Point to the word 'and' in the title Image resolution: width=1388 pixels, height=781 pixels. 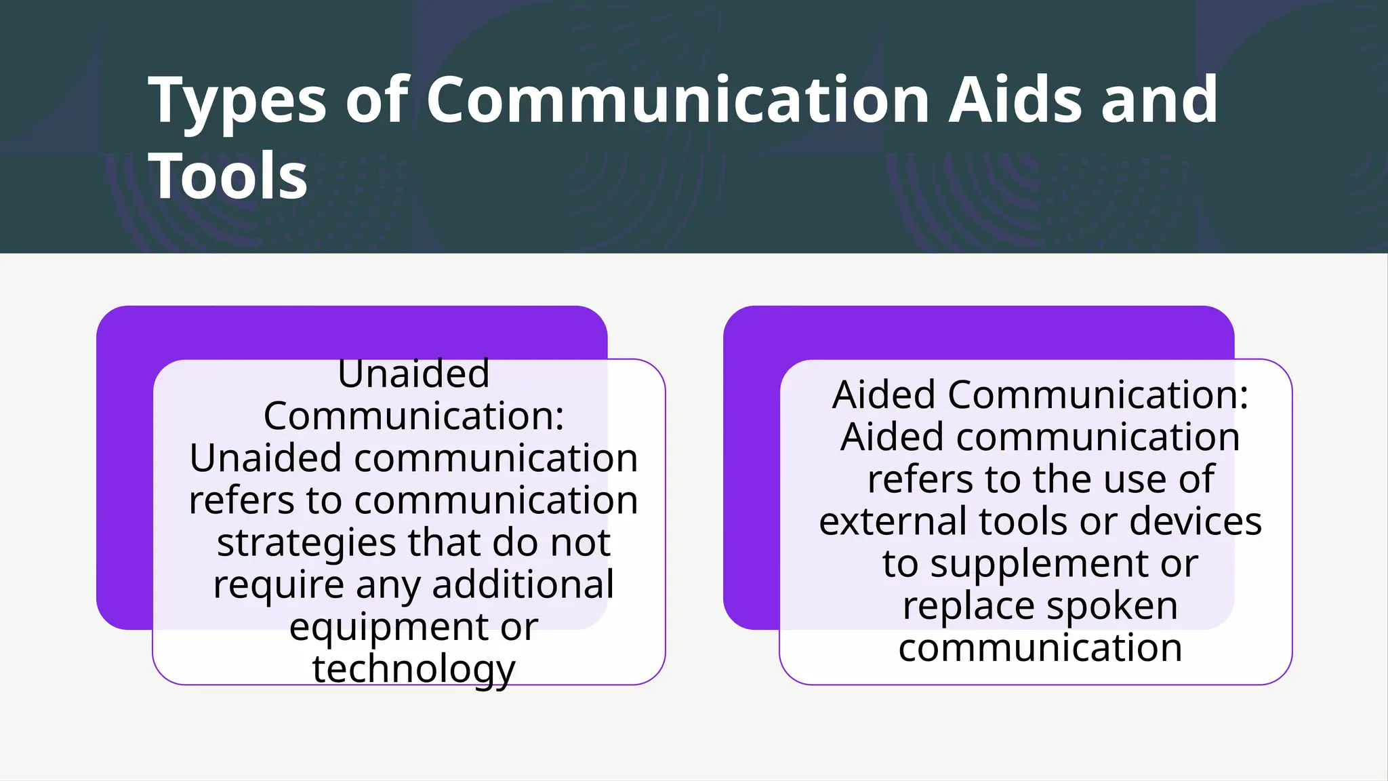tap(1160, 100)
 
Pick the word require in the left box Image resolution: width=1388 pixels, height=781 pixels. tap(279, 584)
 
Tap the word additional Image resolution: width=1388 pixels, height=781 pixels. tap(523, 584)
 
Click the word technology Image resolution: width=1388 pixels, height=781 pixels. tap(413, 669)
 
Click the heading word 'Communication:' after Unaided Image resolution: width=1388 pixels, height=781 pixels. tap(413, 416)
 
